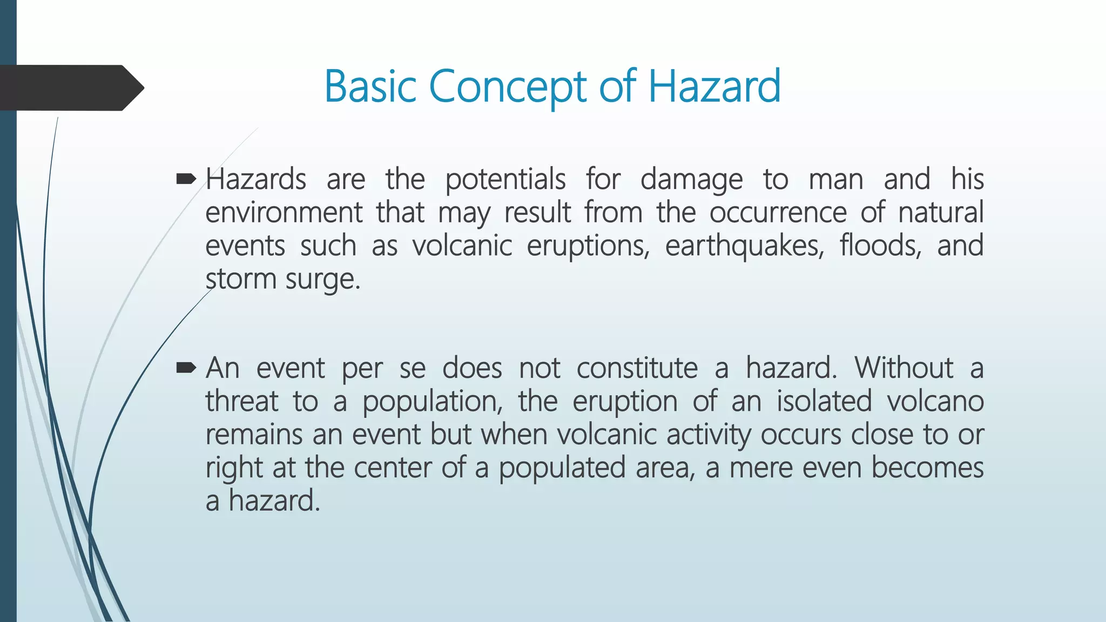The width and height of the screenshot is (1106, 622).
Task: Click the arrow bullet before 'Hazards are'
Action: [x=186, y=179]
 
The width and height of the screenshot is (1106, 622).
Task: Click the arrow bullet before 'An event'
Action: [x=186, y=368]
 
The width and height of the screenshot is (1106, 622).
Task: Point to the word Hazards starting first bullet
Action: [x=256, y=179]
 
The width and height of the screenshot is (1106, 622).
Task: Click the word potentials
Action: [x=505, y=179]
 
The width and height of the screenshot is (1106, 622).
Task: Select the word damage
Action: [x=691, y=180]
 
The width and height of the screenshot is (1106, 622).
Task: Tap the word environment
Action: [x=284, y=212]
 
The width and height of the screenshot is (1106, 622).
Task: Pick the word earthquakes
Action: [x=745, y=246]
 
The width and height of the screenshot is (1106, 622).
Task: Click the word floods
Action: [x=880, y=246]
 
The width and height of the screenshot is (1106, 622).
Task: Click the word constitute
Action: [x=637, y=368]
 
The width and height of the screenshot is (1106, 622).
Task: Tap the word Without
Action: [x=903, y=368]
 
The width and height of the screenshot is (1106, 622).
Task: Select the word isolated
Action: [x=825, y=401]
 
